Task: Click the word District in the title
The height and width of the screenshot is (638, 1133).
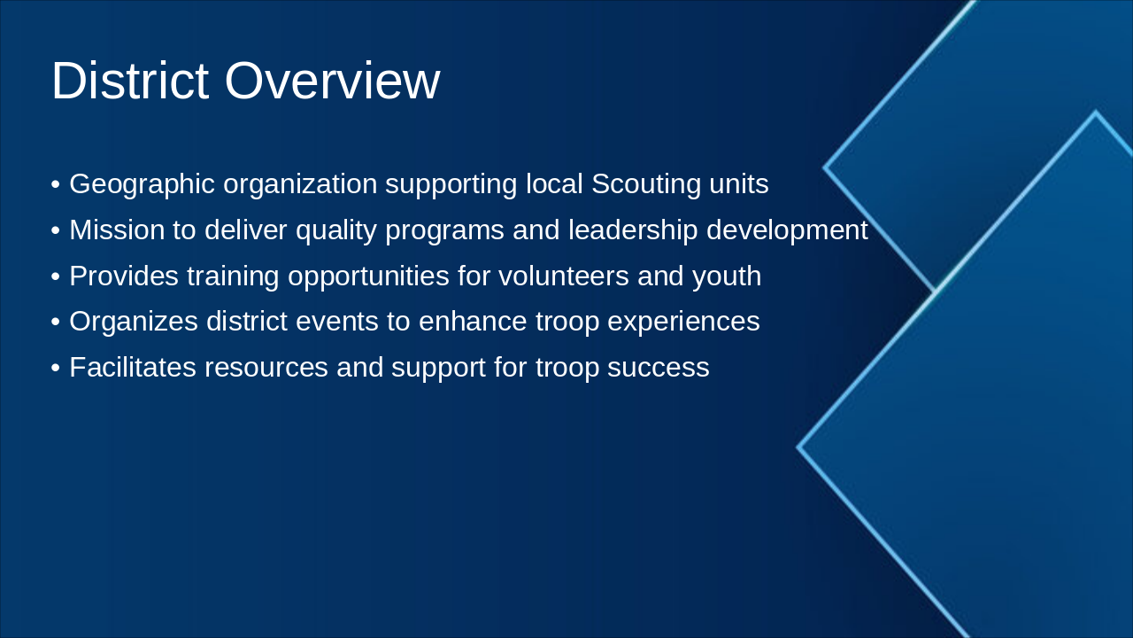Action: (x=130, y=81)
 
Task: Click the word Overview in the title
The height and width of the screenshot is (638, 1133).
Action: (x=332, y=81)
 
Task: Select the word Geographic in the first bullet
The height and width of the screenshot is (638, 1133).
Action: (x=143, y=184)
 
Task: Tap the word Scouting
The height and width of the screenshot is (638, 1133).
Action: (x=646, y=184)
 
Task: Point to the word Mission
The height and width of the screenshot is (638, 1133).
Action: (x=118, y=230)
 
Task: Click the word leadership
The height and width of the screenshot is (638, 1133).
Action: (x=633, y=230)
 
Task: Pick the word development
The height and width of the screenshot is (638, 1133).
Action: (x=788, y=230)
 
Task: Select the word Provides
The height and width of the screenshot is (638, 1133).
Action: (x=124, y=276)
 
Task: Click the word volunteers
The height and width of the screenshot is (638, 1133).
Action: (x=564, y=276)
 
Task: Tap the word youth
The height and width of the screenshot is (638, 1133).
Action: (x=727, y=276)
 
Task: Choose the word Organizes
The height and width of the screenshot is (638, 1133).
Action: (x=134, y=322)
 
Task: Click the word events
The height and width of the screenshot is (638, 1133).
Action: (x=337, y=322)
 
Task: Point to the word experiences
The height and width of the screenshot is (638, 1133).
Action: (x=683, y=322)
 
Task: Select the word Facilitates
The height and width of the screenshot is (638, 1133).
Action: (x=133, y=367)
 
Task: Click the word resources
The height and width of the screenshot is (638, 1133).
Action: (x=266, y=368)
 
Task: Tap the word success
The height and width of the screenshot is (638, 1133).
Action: (x=658, y=368)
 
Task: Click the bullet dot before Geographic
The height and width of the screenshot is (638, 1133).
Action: (x=56, y=184)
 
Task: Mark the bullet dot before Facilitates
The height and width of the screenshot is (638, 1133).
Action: (x=56, y=368)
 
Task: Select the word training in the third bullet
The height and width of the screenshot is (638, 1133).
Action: (x=233, y=276)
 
